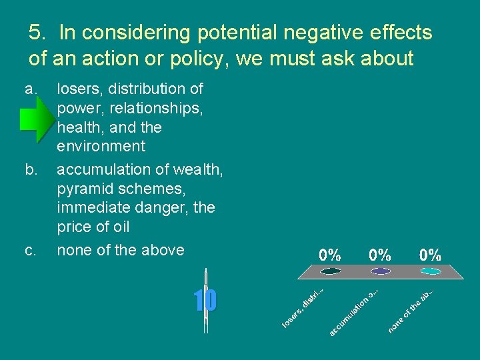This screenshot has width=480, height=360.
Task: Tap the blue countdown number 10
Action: (x=205, y=301)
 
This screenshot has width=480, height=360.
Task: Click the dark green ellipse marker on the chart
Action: (x=331, y=271)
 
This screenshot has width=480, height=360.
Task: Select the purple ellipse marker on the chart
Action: (x=381, y=271)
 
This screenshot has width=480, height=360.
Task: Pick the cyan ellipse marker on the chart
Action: (x=430, y=271)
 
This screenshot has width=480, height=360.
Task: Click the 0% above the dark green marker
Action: (x=330, y=255)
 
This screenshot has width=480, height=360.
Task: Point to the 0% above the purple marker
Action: (x=380, y=255)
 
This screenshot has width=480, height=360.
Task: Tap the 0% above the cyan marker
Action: (x=430, y=255)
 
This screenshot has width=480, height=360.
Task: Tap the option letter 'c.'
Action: (x=31, y=251)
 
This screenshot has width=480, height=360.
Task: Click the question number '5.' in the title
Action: (x=39, y=33)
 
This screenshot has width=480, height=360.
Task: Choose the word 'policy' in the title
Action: (x=189, y=59)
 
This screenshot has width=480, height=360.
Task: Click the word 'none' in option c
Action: (x=74, y=251)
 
